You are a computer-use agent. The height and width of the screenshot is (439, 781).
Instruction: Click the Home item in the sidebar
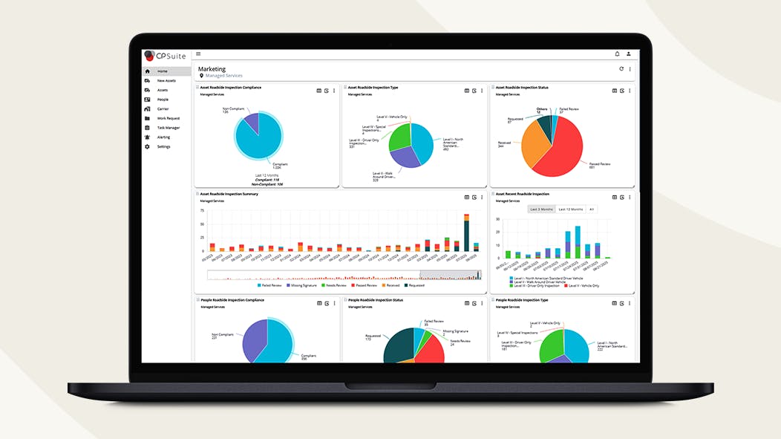[162, 71]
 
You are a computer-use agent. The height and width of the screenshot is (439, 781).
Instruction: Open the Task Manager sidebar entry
[168, 128]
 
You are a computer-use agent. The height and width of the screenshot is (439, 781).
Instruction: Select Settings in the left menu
[163, 146]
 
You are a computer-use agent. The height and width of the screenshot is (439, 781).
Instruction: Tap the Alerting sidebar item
[163, 137]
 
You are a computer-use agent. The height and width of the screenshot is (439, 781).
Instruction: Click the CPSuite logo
[166, 55]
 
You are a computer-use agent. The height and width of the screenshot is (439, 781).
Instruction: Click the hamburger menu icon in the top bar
[198, 54]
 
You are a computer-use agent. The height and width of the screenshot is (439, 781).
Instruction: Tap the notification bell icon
[617, 54]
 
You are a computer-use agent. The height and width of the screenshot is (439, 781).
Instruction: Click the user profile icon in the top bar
[628, 54]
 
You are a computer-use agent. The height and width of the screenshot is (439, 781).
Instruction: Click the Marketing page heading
[212, 69]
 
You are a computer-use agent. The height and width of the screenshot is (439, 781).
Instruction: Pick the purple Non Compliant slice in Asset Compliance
[251, 123]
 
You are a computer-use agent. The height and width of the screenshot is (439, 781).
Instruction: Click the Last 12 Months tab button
[571, 209]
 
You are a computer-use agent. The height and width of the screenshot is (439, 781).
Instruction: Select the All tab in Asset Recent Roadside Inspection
[591, 209]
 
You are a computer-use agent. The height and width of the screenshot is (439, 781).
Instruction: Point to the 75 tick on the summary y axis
[203, 211]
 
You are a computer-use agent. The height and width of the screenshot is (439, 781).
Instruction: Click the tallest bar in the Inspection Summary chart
[466, 238]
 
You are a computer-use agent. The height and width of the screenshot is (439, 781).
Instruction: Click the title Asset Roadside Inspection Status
[522, 88]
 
